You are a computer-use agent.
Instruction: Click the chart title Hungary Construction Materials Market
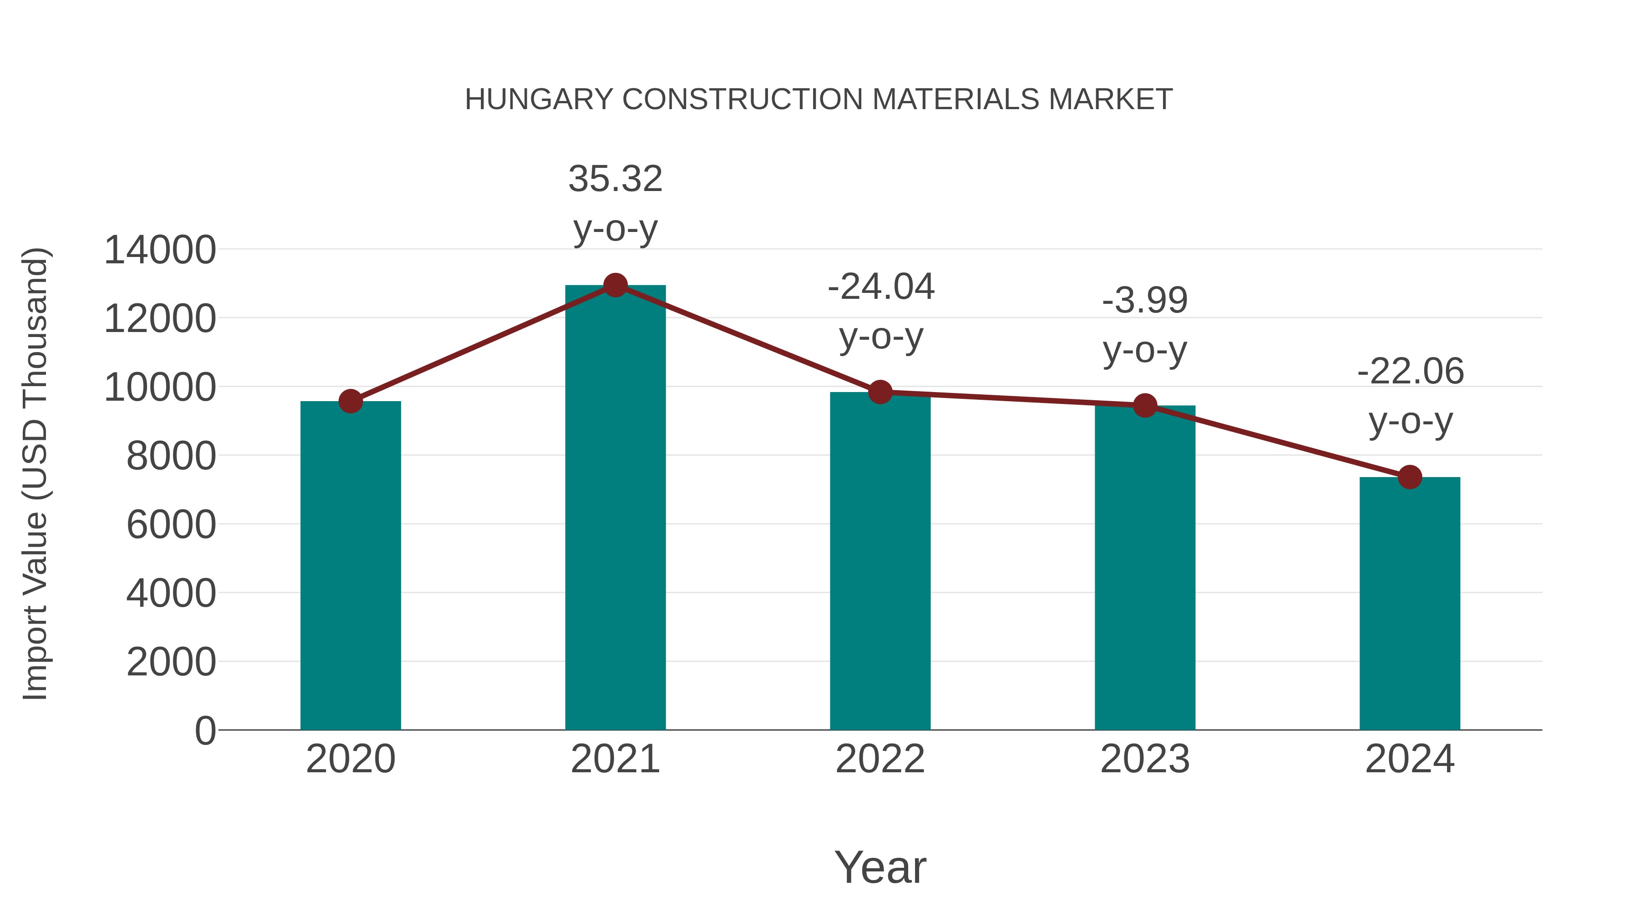(x=819, y=100)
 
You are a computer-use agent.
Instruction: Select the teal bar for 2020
(x=350, y=566)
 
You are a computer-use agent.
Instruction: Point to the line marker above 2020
(x=350, y=401)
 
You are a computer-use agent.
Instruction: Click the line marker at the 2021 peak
(x=615, y=285)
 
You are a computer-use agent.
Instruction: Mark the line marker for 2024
(x=1410, y=477)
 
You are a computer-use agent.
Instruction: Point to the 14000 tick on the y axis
(x=160, y=250)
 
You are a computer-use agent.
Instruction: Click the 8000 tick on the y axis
(x=171, y=456)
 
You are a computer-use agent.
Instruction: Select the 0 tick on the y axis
(x=205, y=730)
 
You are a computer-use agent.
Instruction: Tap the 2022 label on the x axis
(x=880, y=759)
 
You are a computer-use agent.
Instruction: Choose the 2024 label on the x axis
(x=1410, y=759)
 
